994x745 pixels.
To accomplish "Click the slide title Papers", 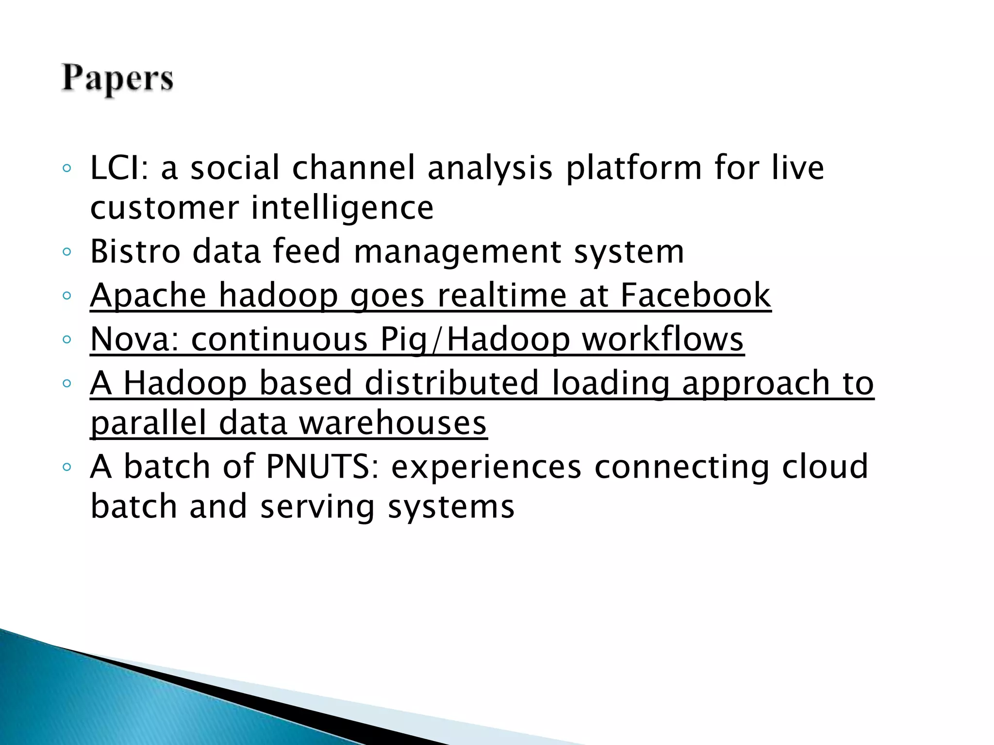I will pyautogui.click(x=117, y=79).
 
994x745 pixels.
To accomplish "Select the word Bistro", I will pyautogui.click(x=135, y=251).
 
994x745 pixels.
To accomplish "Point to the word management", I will pyautogui.click(x=458, y=251).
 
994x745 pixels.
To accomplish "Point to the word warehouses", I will pyautogui.click(x=392, y=422).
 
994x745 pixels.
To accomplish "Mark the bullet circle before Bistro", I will pyautogui.click(x=67, y=252).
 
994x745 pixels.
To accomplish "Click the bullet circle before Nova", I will pyautogui.click(x=67, y=339).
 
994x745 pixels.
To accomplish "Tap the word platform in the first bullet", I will pyautogui.click(x=634, y=168).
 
